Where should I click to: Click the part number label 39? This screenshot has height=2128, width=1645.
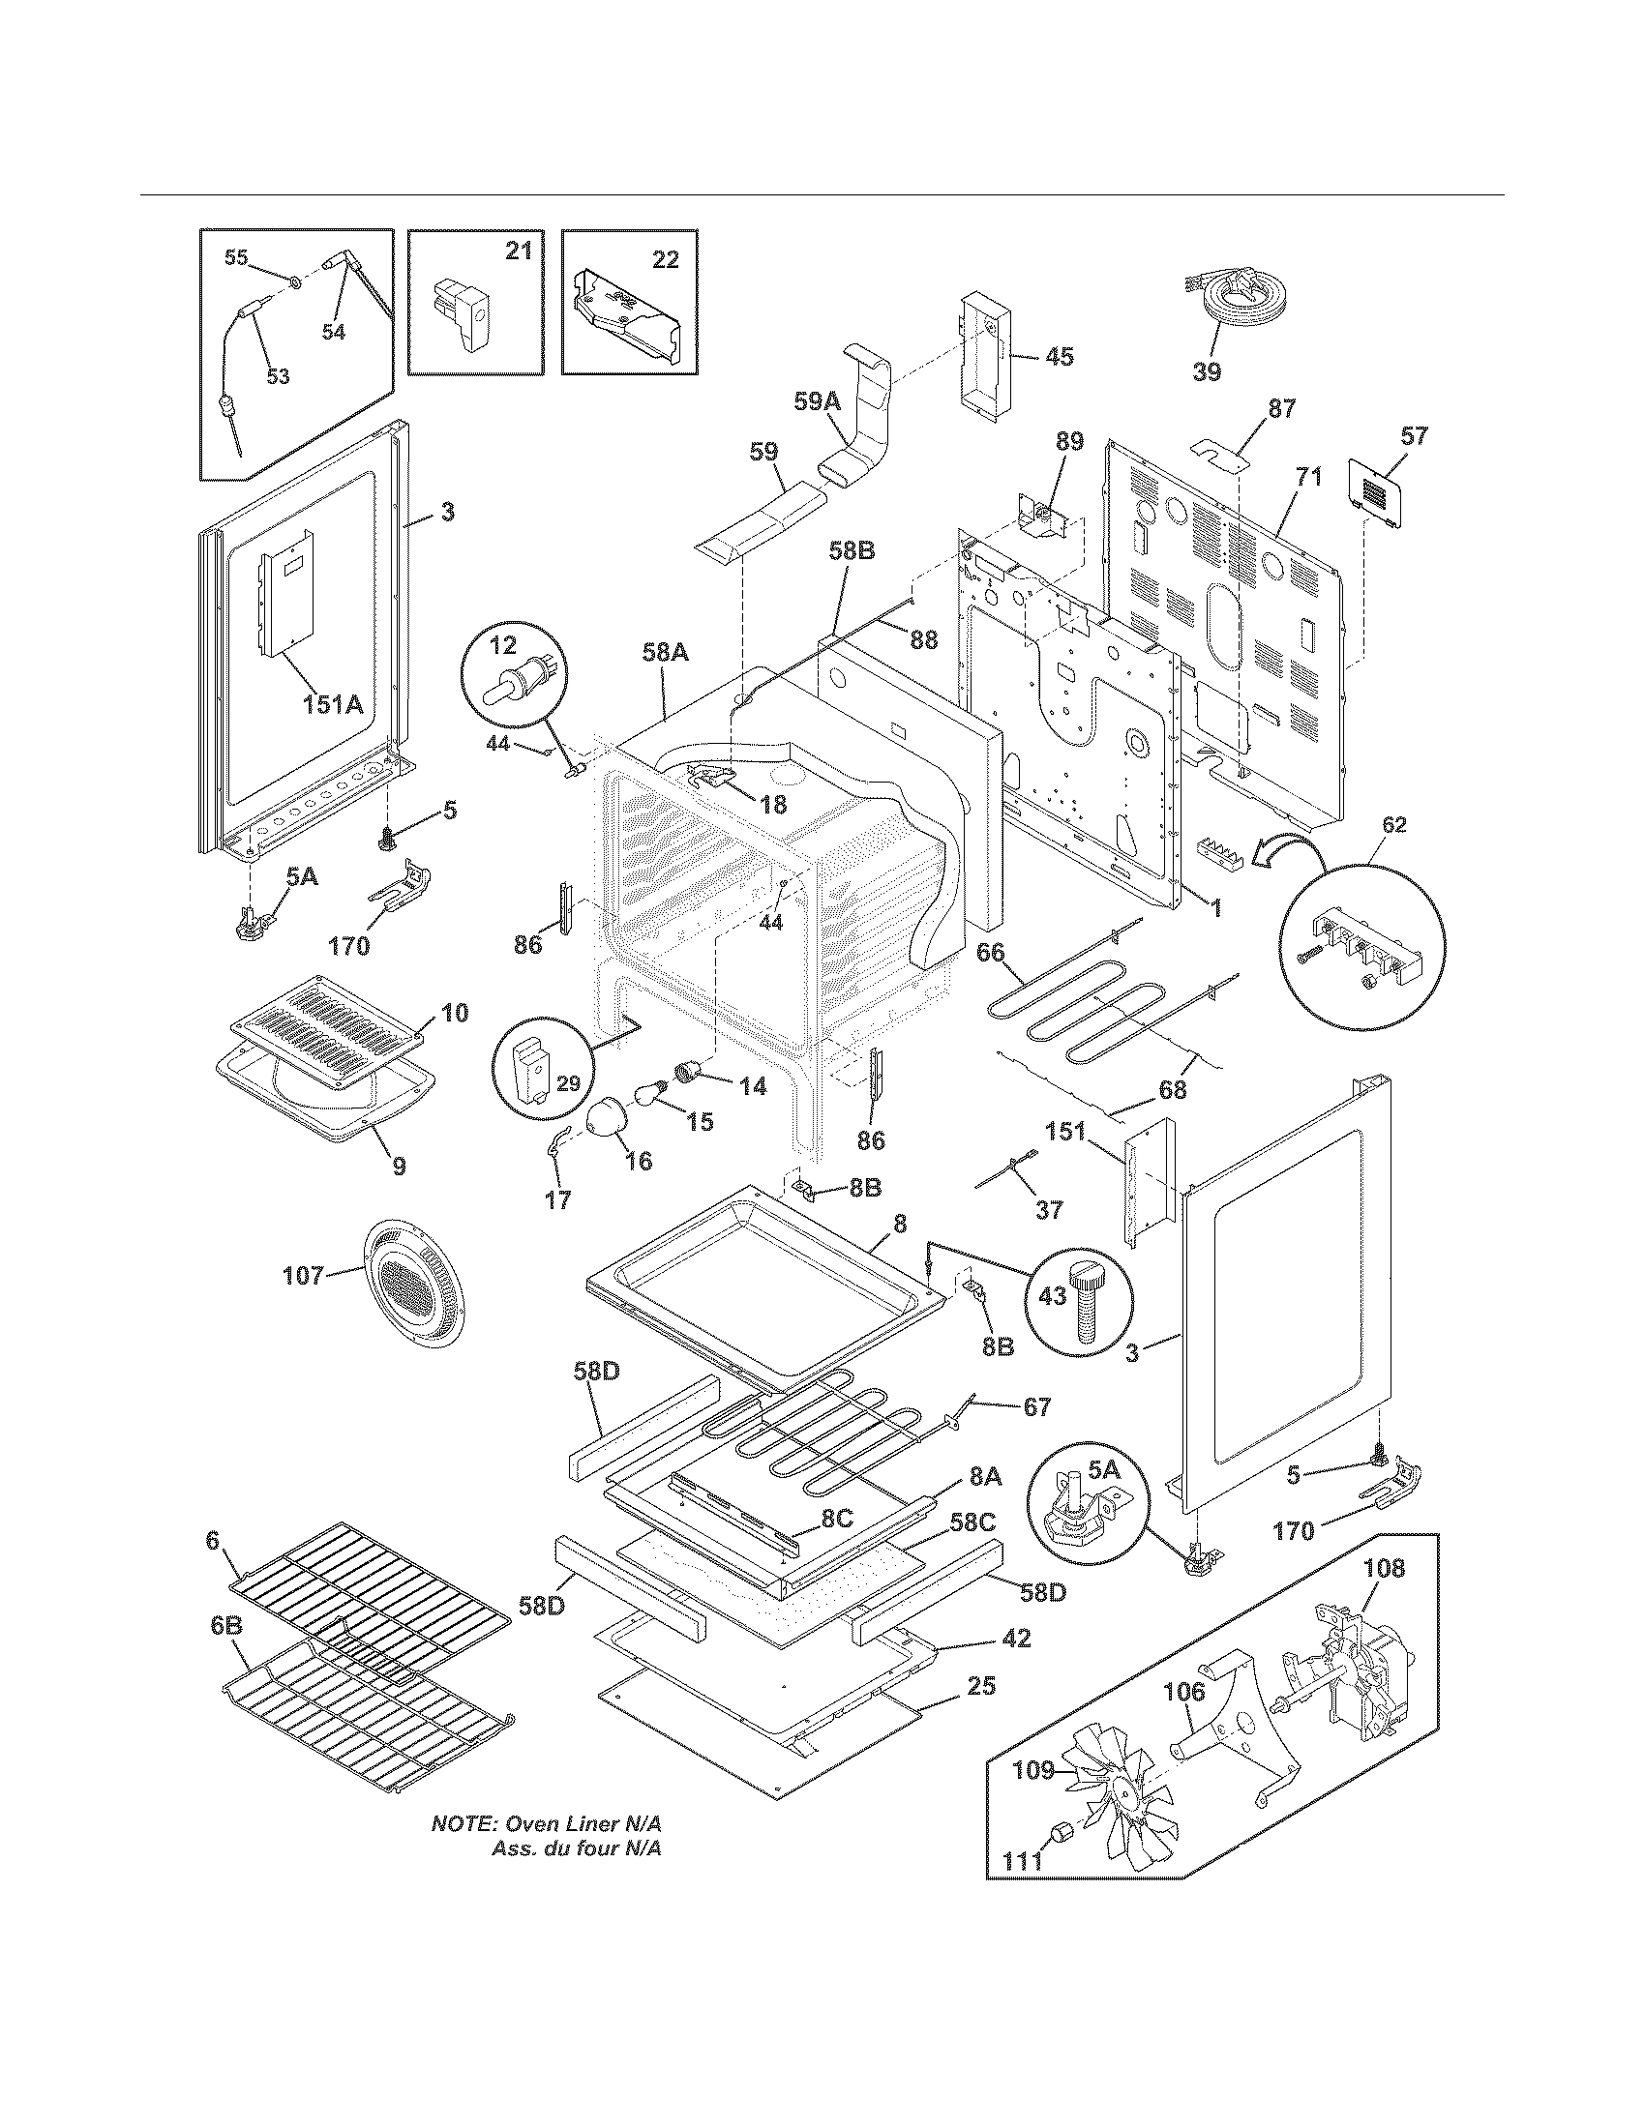[x=1207, y=371]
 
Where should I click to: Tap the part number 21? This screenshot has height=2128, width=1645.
[x=519, y=251]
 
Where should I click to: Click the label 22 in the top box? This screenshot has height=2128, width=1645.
[x=665, y=260]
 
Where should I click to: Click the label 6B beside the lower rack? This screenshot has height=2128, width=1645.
[x=224, y=1627]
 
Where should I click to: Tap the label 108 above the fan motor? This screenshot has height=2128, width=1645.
[x=1384, y=1569]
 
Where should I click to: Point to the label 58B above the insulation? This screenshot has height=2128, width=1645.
[x=852, y=550]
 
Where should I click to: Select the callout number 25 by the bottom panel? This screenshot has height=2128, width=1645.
[x=980, y=1686]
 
